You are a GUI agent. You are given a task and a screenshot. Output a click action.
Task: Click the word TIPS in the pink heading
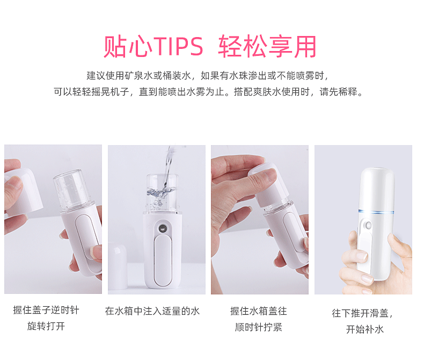pyautogui.click(x=179, y=46)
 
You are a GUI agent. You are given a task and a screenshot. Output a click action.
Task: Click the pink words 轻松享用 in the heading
pyautogui.click(x=267, y=46)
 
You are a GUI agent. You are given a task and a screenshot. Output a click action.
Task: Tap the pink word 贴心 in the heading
pyautogui.click(x=128, y=46)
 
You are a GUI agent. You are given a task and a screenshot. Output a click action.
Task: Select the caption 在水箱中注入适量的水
pyautogui.click(x=152, y=311)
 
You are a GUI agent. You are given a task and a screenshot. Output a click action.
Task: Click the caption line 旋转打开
pyautogui.click(x=46, y=326)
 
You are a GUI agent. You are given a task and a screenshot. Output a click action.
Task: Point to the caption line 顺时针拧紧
pyautogui.click(x=259, y=327)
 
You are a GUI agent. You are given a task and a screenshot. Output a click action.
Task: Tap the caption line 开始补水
pyautogui.click(x=365, y=329)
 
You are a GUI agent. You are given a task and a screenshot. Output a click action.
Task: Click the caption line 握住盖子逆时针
pyautogui.click(x=46, y=310)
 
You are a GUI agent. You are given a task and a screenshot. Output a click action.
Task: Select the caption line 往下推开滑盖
pyautogui.click(x=362, y=313)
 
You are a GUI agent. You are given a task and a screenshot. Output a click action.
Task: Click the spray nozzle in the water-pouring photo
pyautogui.click(x=163, y=228)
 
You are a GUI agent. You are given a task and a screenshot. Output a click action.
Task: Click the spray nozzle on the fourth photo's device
pyautogui.click(x=368, y=225)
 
